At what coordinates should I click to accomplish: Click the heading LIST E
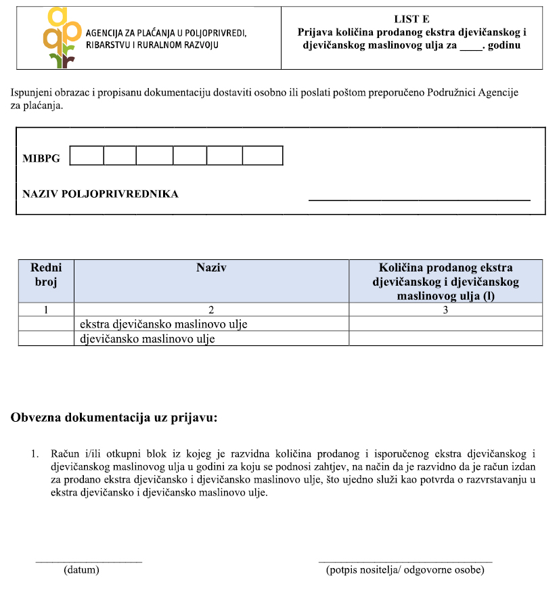(x=411, y=20)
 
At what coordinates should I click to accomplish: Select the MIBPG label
(x=41, y=158)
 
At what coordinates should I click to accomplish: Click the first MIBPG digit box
(x=87, y=156)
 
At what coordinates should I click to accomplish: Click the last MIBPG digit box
(x=262, y=156)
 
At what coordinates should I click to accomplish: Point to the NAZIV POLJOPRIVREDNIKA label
(x=100, y=194)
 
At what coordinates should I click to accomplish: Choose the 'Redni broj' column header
(x=46, y=275)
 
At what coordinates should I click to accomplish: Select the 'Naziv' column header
(x=211, y=268)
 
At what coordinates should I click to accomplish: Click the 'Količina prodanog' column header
(x=445, y=281)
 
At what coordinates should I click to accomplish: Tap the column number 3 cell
(x=445, y=310)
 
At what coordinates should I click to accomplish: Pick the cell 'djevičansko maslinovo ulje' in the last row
(x=147, y=338)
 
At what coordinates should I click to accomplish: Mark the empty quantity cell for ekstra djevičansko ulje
(x=445, y=324)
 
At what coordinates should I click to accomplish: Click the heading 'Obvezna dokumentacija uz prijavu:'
(x=114, y=418)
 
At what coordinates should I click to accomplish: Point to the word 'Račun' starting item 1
(x=64, y=453)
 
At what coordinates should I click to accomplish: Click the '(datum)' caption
(x=81, y=570)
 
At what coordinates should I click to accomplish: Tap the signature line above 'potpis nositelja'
(x=405, y=562)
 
